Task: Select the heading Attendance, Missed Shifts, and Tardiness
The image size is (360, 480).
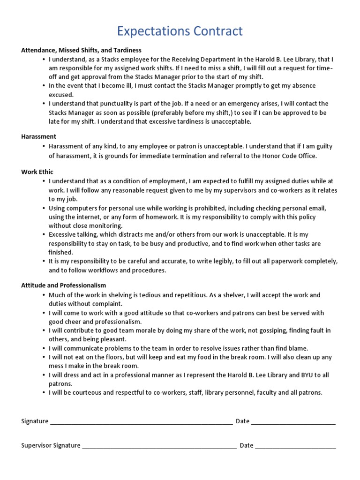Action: pyautogui.click(x=81, y=50)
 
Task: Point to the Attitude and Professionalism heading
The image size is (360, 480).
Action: pyautogui.click(x=64, y=285)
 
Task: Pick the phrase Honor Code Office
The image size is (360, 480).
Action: pyautogui.click(x=289, y=156)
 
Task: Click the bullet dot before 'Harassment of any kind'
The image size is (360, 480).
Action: pyautogui.click(x=43, y=146)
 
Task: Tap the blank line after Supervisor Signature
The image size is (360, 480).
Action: pyautogui.click(x=159, y=445)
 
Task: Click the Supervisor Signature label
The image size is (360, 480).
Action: pyautogui.click(x=51, y=445)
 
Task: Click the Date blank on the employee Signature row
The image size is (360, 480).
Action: pyautogui.click(x=293, y=421)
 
